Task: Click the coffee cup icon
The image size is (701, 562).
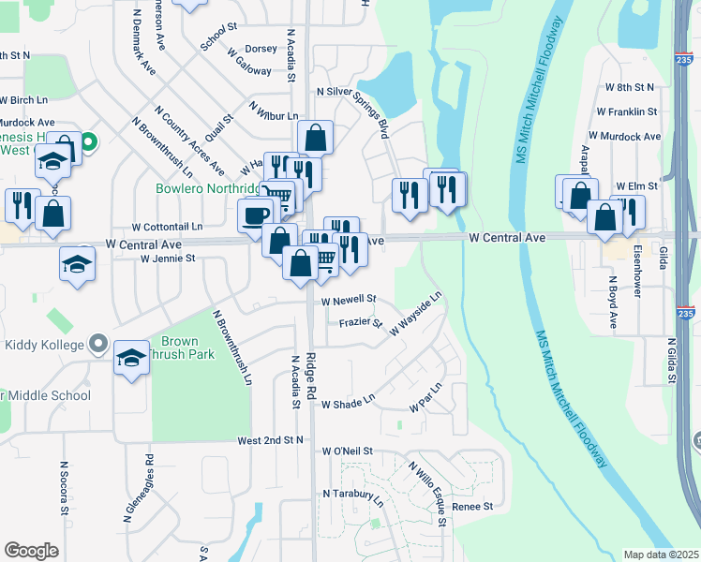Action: pos(255,214)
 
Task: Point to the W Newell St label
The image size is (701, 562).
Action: pos(349,301)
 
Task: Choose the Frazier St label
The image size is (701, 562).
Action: pos(361,323)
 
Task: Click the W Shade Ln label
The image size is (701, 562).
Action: pos(348,405)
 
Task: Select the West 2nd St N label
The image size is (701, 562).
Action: pos(271,439)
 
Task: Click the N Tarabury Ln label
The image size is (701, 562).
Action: pos(353,493)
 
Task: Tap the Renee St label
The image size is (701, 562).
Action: pos(472,506)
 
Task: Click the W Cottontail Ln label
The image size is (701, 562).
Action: pos(167,227)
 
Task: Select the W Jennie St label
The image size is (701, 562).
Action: pos(168,258)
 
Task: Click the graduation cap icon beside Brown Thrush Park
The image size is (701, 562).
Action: pos(131,357)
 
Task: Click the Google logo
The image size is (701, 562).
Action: pos(31,551)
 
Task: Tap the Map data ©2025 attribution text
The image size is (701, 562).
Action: pos(660,555)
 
